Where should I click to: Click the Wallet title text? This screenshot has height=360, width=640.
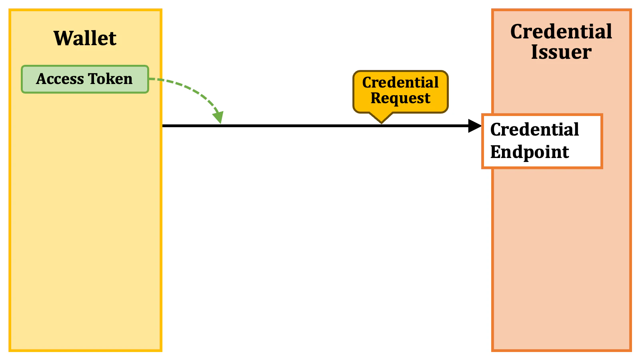(85, 38)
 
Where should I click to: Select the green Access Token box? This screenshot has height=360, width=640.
(85, 79)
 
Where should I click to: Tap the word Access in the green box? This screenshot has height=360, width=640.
(60, 79)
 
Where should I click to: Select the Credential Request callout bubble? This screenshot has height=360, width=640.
(400, 91)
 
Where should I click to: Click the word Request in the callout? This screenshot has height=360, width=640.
(400, 98)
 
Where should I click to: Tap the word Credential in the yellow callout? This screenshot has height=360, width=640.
(400, 82)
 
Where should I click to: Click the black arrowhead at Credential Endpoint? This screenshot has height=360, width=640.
(475, 126)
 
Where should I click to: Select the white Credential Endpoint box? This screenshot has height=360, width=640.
(542, 141)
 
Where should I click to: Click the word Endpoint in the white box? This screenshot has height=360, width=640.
(530, 152)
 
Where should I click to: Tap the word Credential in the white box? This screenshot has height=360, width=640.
(534, 130)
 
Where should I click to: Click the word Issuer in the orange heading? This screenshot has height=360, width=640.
(561, 52)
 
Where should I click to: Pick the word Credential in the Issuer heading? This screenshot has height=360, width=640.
(561, 32)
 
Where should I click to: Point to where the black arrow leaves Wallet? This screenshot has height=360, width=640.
(163, 126)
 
